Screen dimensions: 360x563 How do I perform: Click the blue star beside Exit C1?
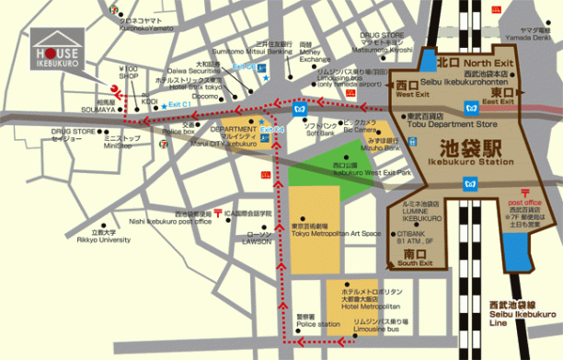[x=165, y=106]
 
